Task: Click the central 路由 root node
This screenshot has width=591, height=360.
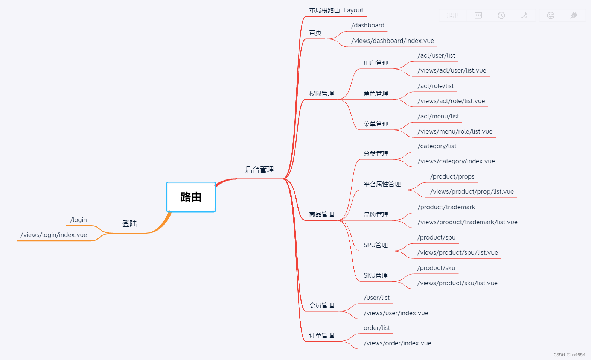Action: coord(191,197)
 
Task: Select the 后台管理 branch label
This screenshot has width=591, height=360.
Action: coord(259,169)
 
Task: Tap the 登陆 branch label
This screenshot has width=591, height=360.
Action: coord(129,223)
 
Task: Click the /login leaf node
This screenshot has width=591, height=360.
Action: coord(78,220)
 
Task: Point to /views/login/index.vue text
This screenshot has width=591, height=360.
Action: coord(54,235)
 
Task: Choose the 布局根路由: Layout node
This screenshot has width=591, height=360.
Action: coord(336,11)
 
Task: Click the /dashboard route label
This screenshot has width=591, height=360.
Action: coord(368,25)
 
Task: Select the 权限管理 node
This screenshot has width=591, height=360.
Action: coord(321,93)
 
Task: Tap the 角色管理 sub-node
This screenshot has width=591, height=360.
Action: coord(376,93)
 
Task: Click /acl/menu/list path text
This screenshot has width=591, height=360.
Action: coord(438,116)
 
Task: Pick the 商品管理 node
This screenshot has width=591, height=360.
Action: coord(321,214)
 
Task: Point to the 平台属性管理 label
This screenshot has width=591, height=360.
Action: coord(382,184)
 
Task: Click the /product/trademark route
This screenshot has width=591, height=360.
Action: coord(446,207)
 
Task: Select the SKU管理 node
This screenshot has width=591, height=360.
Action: coord(376,275)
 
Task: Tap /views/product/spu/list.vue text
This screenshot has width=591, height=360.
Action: coord(457,252)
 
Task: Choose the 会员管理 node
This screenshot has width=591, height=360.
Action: coord(321,305)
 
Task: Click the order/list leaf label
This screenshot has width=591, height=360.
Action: coord(377,328)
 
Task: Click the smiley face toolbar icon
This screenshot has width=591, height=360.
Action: coord(551,15)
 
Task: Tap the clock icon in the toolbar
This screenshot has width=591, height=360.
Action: coord(501,15)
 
